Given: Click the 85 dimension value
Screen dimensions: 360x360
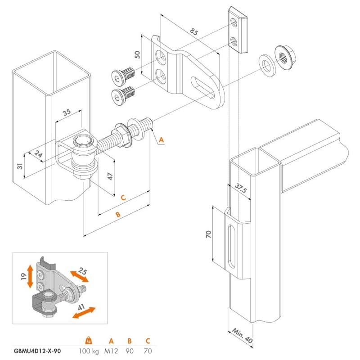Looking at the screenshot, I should coord(194,32).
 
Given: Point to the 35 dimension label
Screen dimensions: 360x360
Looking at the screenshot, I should coord(67,113).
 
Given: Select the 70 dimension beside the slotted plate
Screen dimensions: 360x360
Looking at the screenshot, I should coord(208,234).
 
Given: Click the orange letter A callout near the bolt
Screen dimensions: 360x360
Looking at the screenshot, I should coord(162,140).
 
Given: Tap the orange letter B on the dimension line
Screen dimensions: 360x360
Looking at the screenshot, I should coord(118,215).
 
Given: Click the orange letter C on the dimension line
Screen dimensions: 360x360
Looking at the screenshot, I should coord(123,197).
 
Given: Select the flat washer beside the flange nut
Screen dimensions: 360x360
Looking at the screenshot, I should coord(267,63).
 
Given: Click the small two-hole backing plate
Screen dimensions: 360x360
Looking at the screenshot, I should coord(239,30).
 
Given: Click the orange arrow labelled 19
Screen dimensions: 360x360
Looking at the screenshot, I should coord(30,276).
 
